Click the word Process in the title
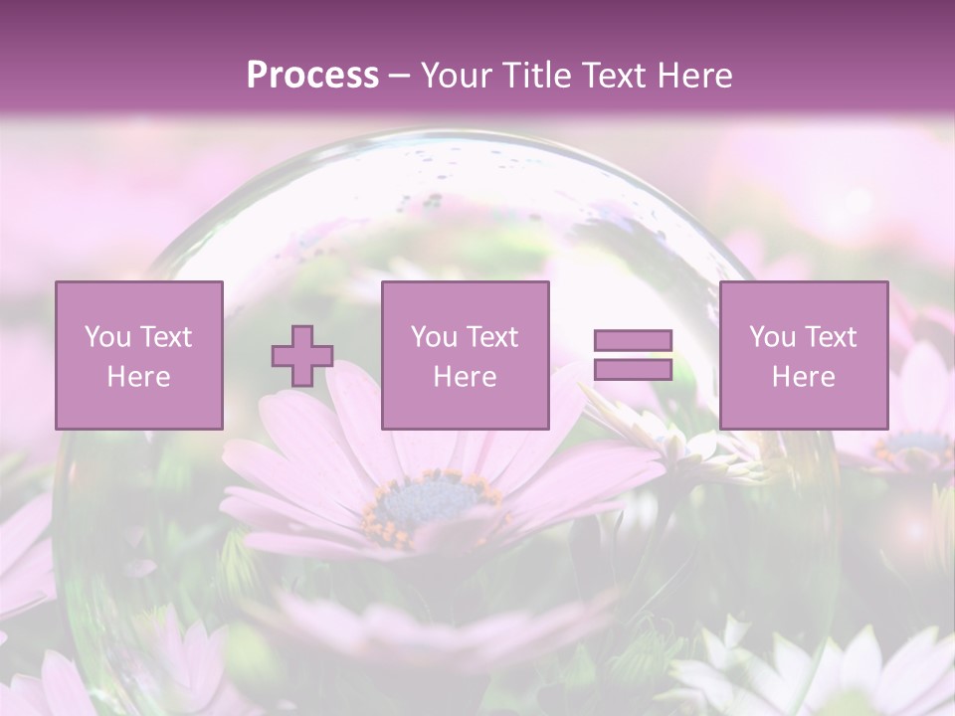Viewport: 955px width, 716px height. pyautogui.click(x=312, y=76)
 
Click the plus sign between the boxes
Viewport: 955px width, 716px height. pyautogui.click(x=302, y=356)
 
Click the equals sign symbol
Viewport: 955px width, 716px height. pyautogui.click(x=633, y=355)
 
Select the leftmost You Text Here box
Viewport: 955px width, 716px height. pyautogui.click(x=138, y=355)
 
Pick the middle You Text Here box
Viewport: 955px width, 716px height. pyautogui.click(x=465, y=355)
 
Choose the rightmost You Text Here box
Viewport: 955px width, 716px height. pyautogui.click(x=803, y=355)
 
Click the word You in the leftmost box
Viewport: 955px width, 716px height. pyautogui.click(x=107, y=337)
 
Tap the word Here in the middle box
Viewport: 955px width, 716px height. pyautogui.click(x=465, y=377)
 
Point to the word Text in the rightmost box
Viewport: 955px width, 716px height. pyautogui.click(x=831, y=337)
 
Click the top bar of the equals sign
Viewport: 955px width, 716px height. pyautogui.click(x=633, y=341)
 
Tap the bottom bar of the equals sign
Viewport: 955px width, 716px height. pyautogui.click(x=633, y=370)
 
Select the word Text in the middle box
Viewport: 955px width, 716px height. pyautogui.click(x=492, y=337)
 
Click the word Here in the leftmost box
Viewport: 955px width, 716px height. pyautogui.click(x=138, y=377)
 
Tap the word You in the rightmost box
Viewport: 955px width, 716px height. pyautogui.click(x=772, y=337)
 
